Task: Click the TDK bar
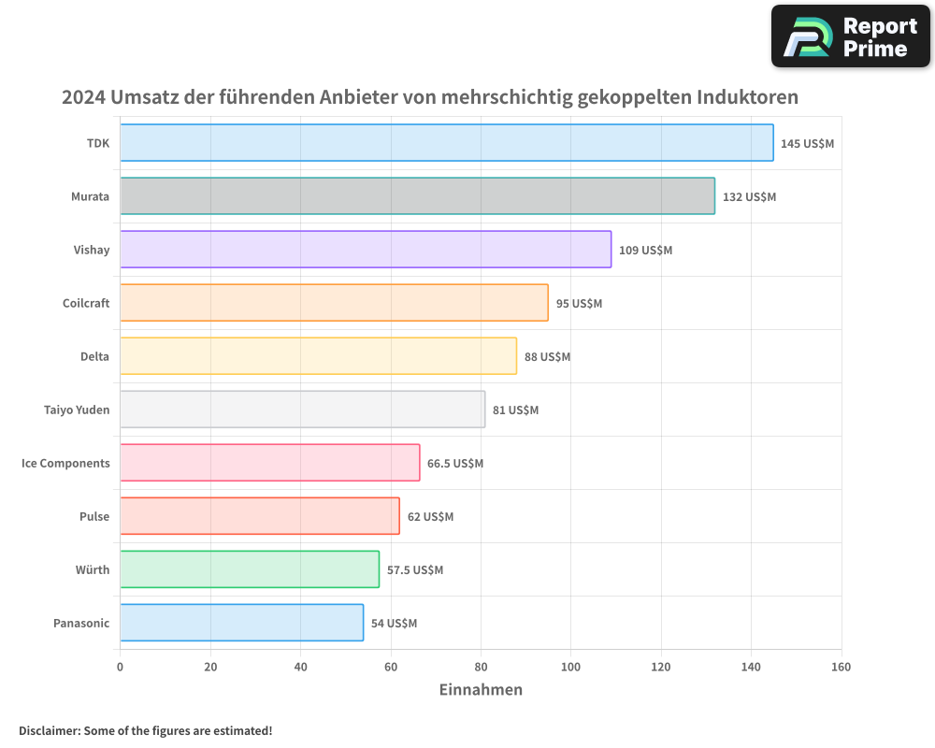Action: (446, 143)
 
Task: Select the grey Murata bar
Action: (417, 196)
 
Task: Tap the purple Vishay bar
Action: (366, 250)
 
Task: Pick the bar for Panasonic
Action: (241, 623)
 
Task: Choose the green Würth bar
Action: (250, 569)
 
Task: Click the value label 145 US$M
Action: (807, 144)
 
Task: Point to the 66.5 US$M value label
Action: (455, 464)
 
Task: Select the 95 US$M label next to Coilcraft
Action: (579, 304)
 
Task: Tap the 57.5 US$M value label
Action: (415, 570)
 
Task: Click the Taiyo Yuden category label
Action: (77, 410)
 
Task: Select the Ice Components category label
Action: (65, 463)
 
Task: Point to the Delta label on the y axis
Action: (94, 356)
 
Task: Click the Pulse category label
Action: (94, 516)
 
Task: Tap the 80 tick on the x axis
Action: (481, 667)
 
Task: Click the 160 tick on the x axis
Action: (841, 667)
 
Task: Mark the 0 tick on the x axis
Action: (120, 667)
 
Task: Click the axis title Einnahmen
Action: (481, 690)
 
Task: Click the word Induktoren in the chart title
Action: (747, 97)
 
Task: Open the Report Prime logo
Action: (850, 36)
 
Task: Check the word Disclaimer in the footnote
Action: (49, 730)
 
